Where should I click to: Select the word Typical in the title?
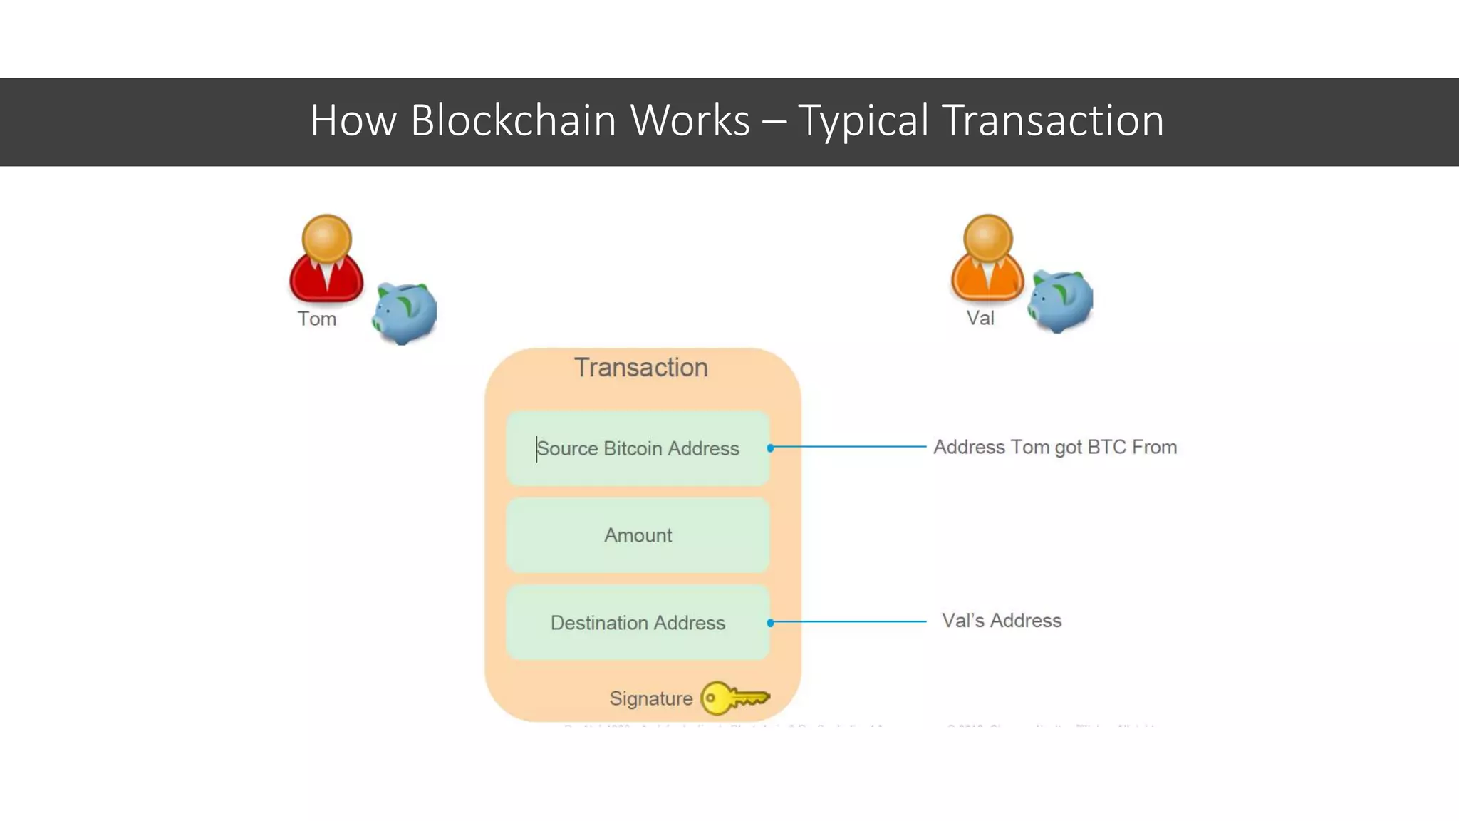863,121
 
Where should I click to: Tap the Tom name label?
317,319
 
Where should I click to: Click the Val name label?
980,318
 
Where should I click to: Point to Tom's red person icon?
326,259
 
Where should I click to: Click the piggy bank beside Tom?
404,312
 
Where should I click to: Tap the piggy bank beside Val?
1061,300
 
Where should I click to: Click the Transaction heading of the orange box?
641,368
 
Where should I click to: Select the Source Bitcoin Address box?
638,448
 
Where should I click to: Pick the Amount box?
638,535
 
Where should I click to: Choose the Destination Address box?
638,623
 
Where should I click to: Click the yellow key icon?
734,698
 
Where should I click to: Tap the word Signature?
650,698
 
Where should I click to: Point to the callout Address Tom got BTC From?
1055,447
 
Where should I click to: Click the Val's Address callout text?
1001,621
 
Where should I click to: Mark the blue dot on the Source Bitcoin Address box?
770,448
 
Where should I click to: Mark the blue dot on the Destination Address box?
770,623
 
